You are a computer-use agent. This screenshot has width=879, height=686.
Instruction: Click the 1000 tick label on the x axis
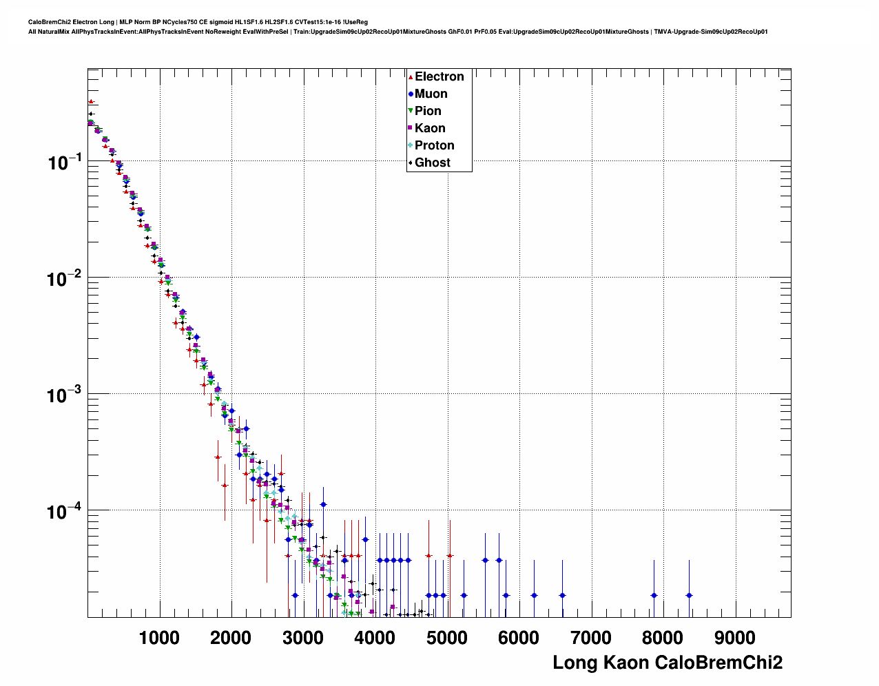coord(159,638)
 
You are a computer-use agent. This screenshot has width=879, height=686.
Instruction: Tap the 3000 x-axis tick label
coord(303,638)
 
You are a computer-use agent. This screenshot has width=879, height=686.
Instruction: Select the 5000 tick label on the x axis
coord(447,638)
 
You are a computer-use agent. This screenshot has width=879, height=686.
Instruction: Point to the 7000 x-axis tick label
coord(591,638)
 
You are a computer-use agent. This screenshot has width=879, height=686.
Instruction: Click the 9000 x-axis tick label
coord(734,638)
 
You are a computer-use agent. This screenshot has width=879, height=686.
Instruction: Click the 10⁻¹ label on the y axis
coord(65,163)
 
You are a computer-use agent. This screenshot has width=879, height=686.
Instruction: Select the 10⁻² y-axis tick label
coord(65,280)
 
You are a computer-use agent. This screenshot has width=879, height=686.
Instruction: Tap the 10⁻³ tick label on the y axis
coord(65,396)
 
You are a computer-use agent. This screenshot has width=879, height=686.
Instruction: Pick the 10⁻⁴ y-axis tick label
coord(65,512)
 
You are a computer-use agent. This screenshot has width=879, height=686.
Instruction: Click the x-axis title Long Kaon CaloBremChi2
coord(668,663)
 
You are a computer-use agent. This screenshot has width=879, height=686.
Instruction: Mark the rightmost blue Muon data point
coord(689,595)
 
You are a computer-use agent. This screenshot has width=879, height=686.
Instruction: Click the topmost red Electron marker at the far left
coord(91,101)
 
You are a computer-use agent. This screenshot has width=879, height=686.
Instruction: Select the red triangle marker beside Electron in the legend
coord(411,76)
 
